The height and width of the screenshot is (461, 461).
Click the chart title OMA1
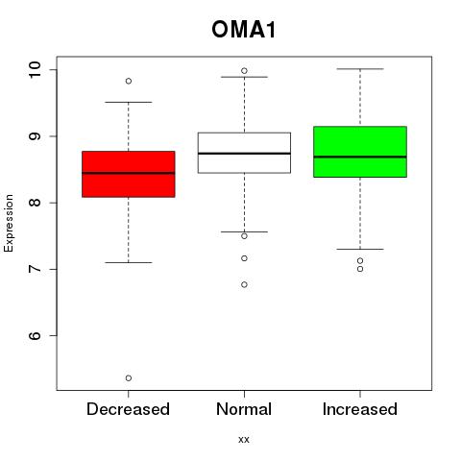[243, 30]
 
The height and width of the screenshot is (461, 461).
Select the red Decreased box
[129, 174]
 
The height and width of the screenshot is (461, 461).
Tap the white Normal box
[244, 153]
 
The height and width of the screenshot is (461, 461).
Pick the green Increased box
[360, 152]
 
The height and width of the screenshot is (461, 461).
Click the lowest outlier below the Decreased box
[129, 378]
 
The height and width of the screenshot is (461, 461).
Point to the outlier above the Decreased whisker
[129, 81]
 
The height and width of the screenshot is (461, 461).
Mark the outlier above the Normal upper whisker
[244, 71]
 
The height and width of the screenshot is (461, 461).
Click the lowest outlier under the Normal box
[244, 284]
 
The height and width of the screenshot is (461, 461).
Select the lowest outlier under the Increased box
[360, 269]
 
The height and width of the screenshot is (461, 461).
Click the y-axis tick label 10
[35, 69]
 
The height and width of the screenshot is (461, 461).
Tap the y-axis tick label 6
[35, 335]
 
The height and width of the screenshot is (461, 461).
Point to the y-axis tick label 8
[35, 203]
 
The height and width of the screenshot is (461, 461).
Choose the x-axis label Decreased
[128, 409]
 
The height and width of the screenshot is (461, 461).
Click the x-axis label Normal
[244, 409]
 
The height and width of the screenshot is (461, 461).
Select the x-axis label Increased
[360, 409]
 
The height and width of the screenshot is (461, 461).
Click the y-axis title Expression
[9, 223]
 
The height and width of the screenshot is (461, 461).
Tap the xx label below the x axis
[244, 440]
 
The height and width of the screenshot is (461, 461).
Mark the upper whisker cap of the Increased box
[360, 69]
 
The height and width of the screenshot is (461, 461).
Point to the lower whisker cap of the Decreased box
[129, 262]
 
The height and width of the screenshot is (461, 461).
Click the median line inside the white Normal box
[244, 154]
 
